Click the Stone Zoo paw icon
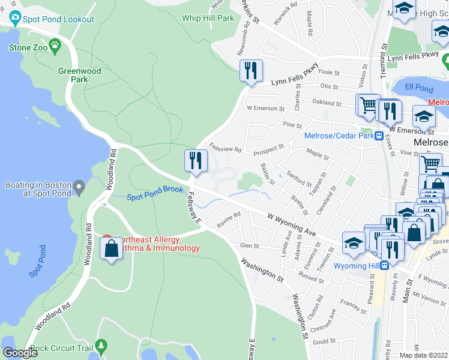[x=55, y=44]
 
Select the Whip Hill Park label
[x=208, y=19]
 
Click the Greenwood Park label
[x=79, y=75]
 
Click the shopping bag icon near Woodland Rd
[x=112, y=247]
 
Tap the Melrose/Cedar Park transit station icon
[x=379, y=136]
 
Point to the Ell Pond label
[x=418, y=88]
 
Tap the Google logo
[x=20, y=353]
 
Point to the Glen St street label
[x=249, y=245]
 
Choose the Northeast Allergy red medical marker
[x=107, y=239]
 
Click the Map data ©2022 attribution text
[x=423, y=355]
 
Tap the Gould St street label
[x=324, y=341]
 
